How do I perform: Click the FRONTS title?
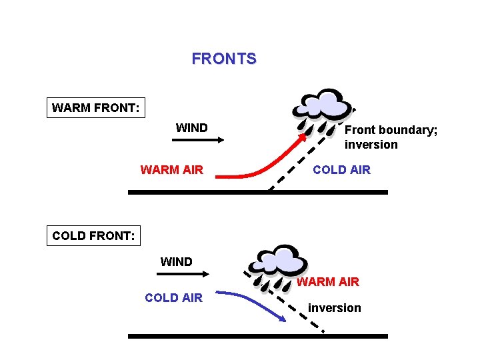(223, 59)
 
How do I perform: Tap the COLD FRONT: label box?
(93, 235)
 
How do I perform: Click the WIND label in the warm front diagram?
(191, 127)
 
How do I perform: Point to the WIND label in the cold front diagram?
(176, 262)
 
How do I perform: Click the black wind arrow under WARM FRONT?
(198, 140)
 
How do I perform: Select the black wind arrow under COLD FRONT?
(185, 273)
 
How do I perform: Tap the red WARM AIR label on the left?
(171, 169)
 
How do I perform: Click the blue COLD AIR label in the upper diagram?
(341, 169)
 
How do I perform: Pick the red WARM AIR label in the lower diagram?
(327, 282)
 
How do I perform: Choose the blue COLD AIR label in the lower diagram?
(173, 297)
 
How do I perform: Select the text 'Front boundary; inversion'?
(391, 137)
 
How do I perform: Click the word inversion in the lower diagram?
(334, 307)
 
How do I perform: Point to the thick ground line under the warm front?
(257, 192)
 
